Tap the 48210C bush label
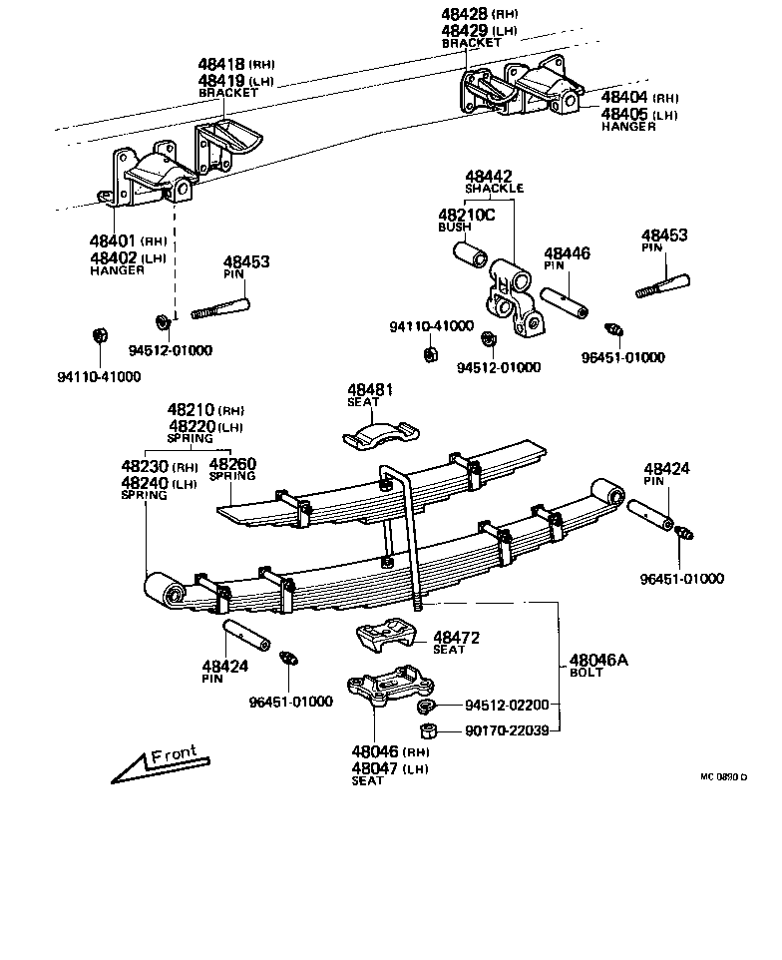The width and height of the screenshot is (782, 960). coord(466,214)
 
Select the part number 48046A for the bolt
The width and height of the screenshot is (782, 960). coord(599,660)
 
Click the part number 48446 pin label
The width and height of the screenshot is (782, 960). coord(567,253)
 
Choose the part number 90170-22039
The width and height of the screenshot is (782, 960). coord(506,730)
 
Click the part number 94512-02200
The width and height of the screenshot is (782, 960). coord(506,705)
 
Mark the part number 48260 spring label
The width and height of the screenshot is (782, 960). coord(231,465)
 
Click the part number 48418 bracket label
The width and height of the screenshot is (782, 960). coord(221,63)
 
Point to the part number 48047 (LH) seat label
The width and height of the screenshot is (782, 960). coord(374,767)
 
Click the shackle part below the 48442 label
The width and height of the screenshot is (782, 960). coord(514,299)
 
